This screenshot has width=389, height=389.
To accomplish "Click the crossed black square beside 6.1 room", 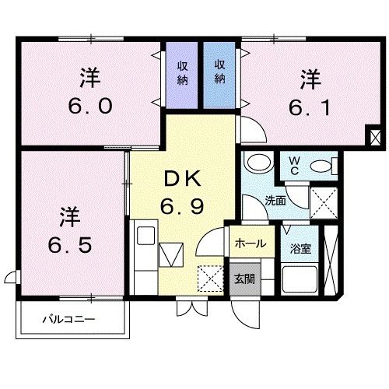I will pos(376,138).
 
